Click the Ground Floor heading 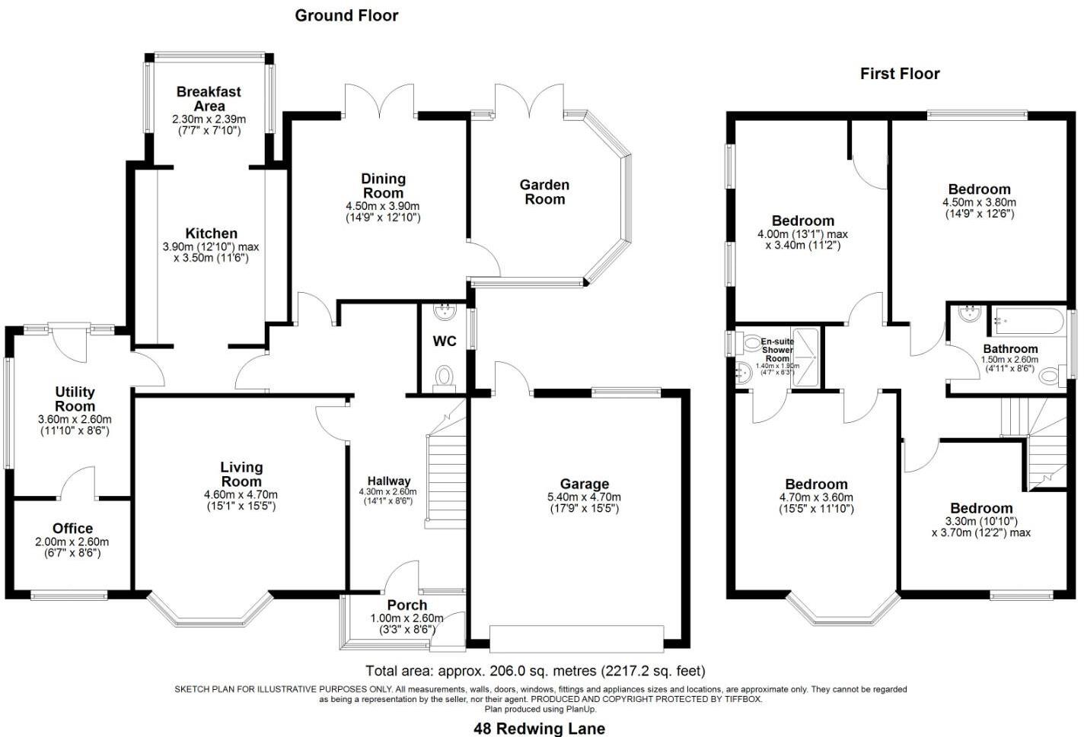[x=346, y=15]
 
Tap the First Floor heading [x=900, y=74]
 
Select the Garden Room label [x=544, y=192]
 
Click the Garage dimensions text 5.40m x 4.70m [x=584, y=497]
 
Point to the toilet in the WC [x=444, y=378]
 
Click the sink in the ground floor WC [x=445, y=312]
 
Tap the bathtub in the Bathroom [x=1028, y=321]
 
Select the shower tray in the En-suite [x=805, y=357]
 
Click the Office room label [x=72, y=528]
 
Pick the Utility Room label [x=75, y=399]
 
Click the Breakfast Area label [x=209, y=99]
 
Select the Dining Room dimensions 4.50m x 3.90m [x=383, y=206]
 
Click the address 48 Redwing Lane [x=540, y=729]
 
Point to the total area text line [x=535, y=671]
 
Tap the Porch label [x=407, y=605]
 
